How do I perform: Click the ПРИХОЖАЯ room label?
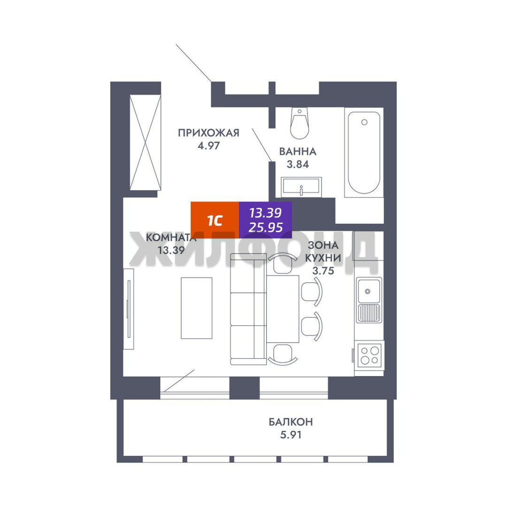coord(208,132)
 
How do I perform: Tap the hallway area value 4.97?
coord(208,146)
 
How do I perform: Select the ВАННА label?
coord(298,151)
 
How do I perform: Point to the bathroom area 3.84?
coord(298,164)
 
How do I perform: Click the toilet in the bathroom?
coord(300,123)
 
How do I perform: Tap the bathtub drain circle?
coord(364,122)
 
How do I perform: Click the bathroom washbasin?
coord(301,187)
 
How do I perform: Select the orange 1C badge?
coord(215,220)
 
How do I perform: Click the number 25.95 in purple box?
coord(265,227)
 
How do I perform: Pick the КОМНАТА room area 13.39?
coord(171,250)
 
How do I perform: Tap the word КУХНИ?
coord(323,258)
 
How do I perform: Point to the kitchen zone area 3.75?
coord(323,271)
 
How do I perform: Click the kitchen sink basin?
coord(369,291)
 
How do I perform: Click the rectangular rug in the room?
coord(197,308)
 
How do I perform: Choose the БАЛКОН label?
coord(291,422)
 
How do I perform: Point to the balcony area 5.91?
coord(291,435)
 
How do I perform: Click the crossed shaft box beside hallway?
coord(145,143)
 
